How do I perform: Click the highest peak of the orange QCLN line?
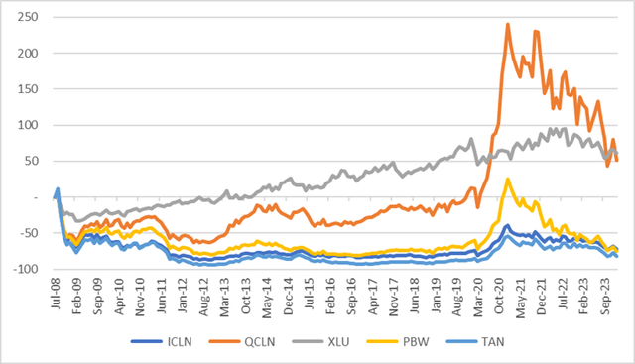(508, 25)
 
